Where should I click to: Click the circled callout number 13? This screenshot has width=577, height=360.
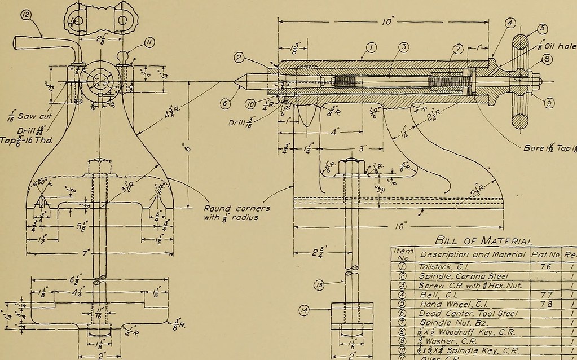(319, 286)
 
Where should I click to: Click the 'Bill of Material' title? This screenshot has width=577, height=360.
(484, 241)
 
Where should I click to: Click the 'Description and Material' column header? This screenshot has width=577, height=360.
(473, 254)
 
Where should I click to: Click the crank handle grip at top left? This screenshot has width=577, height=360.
(31, 43)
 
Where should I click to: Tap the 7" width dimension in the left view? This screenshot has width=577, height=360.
(86, 253)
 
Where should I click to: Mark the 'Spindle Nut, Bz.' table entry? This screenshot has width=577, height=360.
(450, 323)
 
